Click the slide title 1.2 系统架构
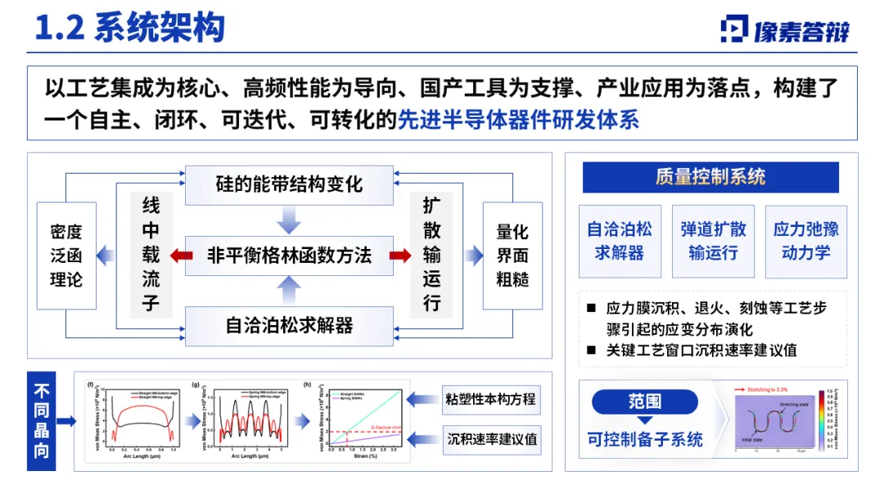(x=130, y=29)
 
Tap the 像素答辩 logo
(x=786, y=29)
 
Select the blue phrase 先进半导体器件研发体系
(x=518, y=120)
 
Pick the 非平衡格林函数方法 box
(x=289, y=256)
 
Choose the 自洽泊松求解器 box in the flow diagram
(x=289, y=325)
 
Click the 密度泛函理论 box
(x=66, y=256)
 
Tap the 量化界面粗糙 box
(x=512, y=256)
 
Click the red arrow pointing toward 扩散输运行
(x=400, y=256)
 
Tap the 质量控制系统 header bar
(x=710, y=177)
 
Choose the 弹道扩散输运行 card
(x=713, y=241)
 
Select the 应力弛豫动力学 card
(x=806, y=241)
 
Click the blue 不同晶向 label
(x=42, y=420)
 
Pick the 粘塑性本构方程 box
(x=491, y=399)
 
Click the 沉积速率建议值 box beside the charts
(x=491, y=440)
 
